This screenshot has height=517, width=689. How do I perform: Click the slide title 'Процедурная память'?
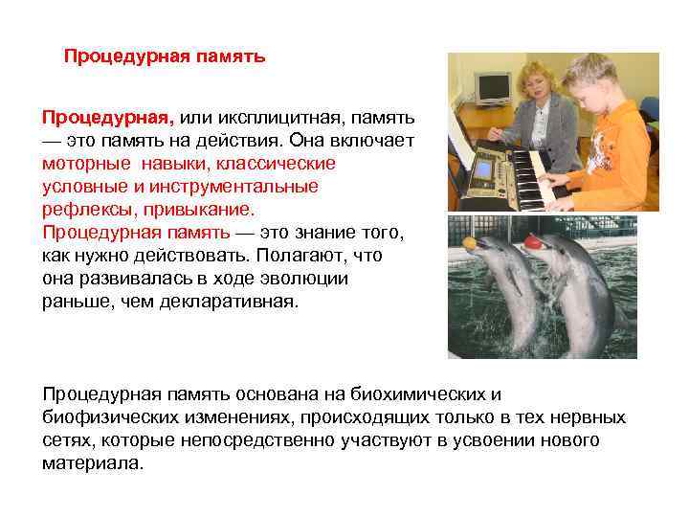click(x=165, y=56)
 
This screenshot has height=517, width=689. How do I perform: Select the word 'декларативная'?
click(x=239, y=302)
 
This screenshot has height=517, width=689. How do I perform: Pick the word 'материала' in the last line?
click(x=92, y=463)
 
